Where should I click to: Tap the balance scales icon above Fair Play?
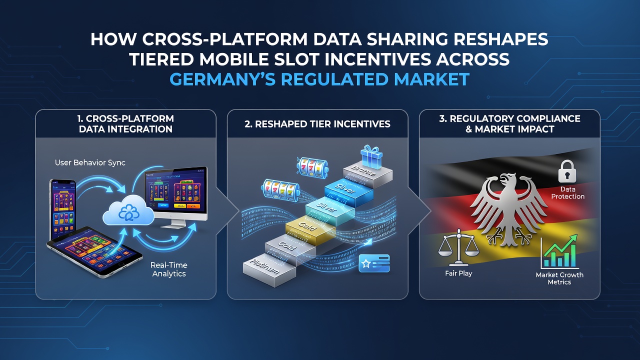click(458, 247)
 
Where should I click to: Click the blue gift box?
click(371, 157)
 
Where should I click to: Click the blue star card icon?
click(374, 263)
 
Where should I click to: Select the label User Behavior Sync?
click(90, 163)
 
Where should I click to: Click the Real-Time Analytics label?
click(169, 269)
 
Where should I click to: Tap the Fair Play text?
click(458, 273)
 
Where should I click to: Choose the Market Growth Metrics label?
click(559, 278)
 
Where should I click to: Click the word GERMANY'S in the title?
click(222, 79)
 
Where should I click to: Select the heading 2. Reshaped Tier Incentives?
click(317, 124)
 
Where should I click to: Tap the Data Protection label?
click(567, 193)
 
